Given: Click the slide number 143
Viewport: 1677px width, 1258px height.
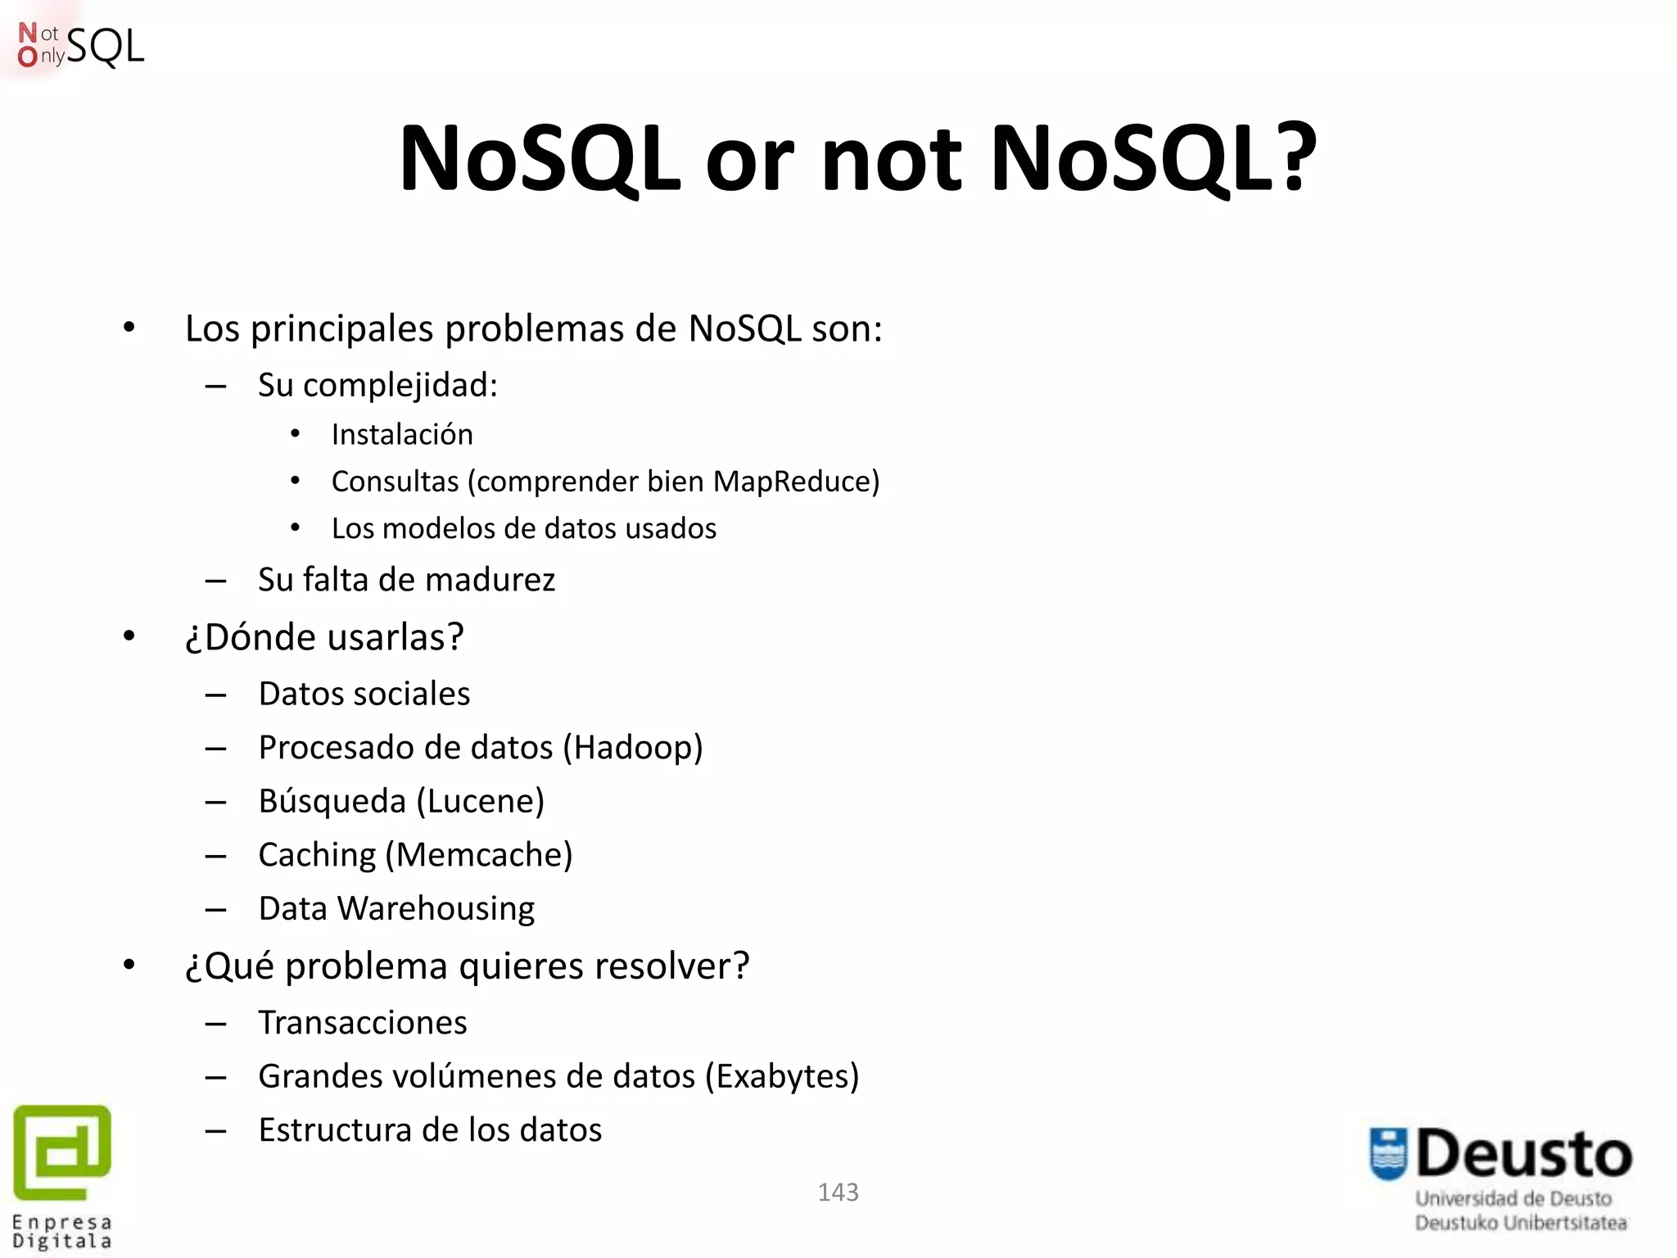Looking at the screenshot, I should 838,1192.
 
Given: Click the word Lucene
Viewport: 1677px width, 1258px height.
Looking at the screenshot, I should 481,801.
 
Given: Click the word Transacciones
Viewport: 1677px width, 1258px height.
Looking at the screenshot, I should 363,1023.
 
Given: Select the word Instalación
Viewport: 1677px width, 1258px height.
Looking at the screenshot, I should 402,434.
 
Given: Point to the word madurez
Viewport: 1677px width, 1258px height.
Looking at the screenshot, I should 490,580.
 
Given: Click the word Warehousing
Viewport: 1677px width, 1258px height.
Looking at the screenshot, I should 436,909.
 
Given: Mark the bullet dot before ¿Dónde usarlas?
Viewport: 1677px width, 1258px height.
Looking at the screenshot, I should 129,636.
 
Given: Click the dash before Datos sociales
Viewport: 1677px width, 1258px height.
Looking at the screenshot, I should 215,695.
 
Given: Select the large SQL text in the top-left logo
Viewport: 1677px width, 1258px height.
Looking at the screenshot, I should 105,47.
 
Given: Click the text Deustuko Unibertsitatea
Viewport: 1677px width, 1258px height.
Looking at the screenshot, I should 1521,1224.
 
